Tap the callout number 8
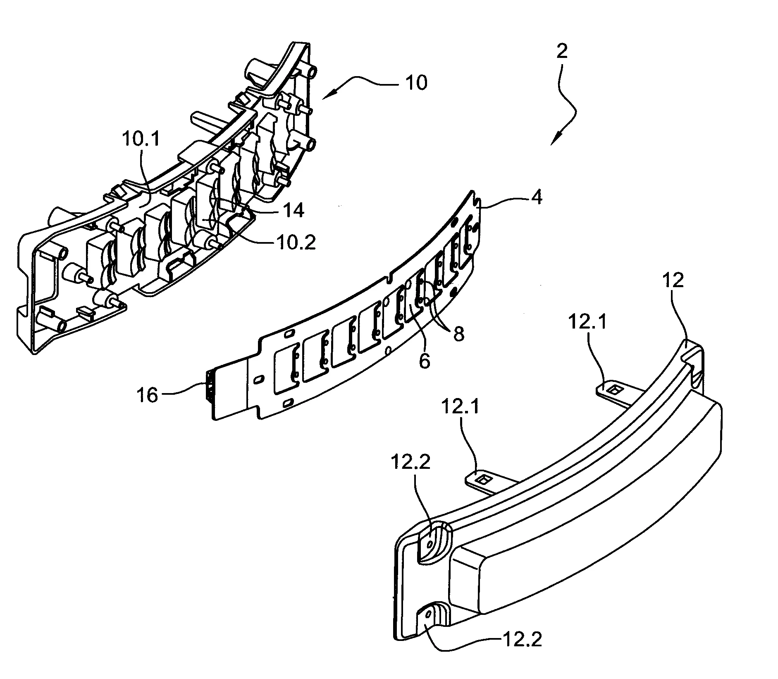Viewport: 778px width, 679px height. point(459,334)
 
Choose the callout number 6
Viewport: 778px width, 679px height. point(424,361)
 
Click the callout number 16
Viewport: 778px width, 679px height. point(148,396)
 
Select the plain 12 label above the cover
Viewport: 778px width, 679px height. point(672,281)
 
